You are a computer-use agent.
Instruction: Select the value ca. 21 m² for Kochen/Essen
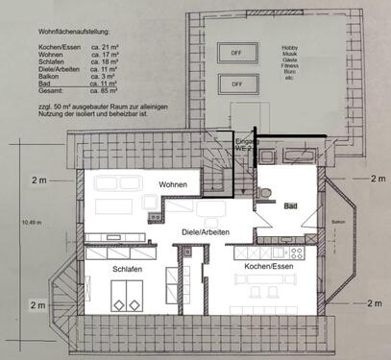coord(107,46)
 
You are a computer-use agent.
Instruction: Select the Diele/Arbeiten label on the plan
coord(207,232)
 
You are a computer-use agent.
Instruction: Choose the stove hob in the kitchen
coord(297,252)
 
